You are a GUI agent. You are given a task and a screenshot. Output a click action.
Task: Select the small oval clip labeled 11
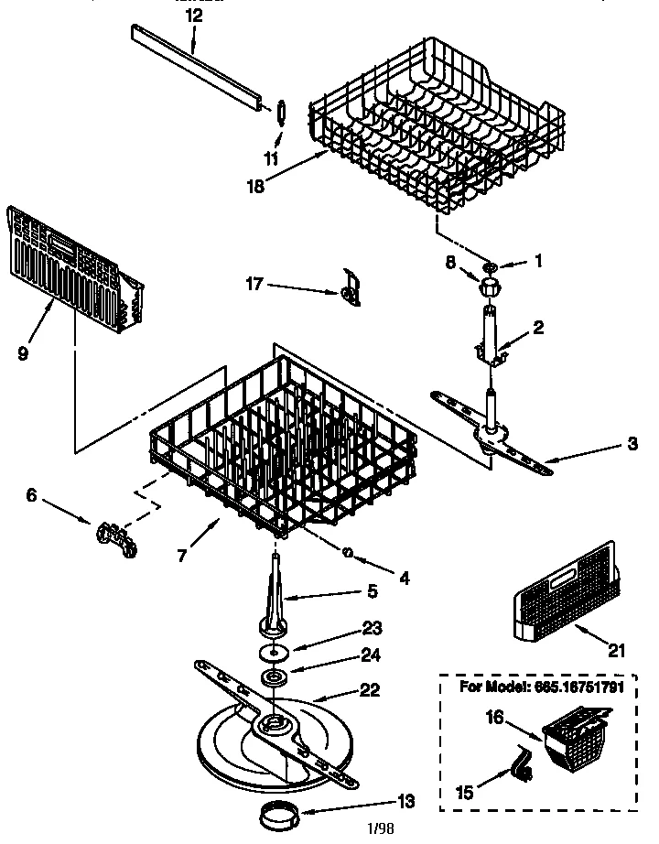(280, 112)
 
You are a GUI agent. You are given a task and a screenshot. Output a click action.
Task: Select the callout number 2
(538, 328)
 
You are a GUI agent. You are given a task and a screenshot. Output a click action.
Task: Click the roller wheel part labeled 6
(114, 536)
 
